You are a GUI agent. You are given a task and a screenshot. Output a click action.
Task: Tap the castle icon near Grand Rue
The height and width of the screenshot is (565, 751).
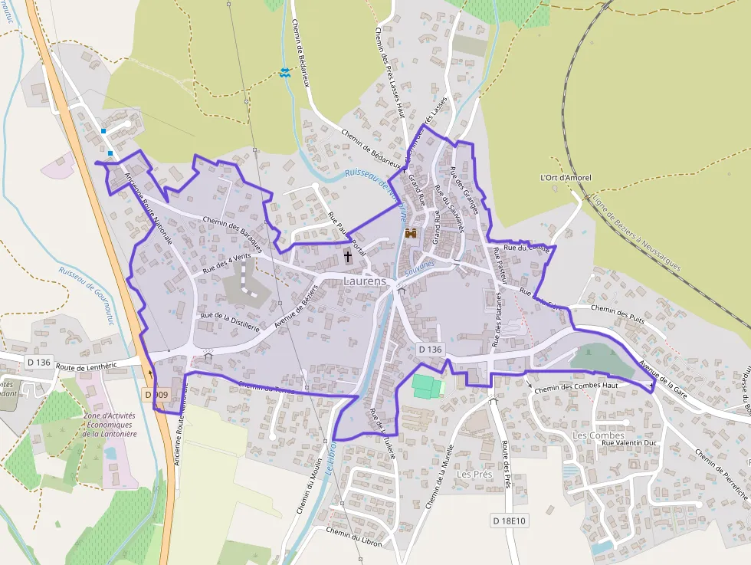(x=411, y=232)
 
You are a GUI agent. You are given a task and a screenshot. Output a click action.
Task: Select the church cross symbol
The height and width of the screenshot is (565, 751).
(x=348, y=255)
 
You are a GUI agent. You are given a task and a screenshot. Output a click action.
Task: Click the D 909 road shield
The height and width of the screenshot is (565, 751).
(x=156, y=394)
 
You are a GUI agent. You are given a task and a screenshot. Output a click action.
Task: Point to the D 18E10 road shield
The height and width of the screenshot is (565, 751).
(x=510, y=521)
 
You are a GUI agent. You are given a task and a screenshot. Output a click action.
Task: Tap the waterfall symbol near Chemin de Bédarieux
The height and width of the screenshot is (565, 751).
(x=285, y=72)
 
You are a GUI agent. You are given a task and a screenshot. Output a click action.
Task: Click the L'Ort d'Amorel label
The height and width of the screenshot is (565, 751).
(x=566, y=178)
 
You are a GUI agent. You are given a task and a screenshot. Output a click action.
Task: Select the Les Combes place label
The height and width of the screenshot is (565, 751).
(x=599, y=435)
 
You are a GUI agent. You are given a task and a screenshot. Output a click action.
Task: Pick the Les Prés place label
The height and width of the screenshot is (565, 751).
(x=474, y=474)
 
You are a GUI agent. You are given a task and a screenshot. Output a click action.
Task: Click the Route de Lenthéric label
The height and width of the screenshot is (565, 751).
(x=86, y=366)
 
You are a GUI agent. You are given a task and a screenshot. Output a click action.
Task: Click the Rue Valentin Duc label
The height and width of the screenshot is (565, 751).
(x=629, y=442)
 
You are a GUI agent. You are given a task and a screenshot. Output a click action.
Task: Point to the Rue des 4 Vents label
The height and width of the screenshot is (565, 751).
(x=228, y=264)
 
